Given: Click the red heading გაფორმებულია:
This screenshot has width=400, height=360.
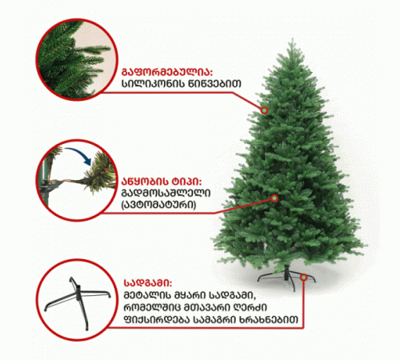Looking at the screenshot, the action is coord(167,72).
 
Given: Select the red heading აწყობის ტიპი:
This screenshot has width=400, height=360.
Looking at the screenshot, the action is coord(162,182).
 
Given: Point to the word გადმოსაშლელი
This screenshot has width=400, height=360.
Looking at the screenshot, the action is coord(166,193).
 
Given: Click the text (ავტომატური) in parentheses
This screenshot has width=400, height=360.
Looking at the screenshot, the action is coord(158,205).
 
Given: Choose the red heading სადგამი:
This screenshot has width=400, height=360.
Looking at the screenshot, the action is coord(148,283).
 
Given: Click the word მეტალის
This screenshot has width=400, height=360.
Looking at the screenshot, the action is coord(146,295).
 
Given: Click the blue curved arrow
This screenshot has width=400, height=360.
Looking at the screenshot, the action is coord(78,154).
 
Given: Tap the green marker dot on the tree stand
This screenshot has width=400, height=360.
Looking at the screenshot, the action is coord(303,278).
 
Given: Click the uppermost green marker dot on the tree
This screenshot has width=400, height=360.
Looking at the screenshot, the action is coord(264,110).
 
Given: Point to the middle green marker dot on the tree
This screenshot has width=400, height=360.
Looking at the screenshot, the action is coord(274,198).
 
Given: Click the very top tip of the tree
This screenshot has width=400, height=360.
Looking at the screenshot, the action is coord(293,38).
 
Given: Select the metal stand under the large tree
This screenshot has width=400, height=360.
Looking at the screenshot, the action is coord(286,278).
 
